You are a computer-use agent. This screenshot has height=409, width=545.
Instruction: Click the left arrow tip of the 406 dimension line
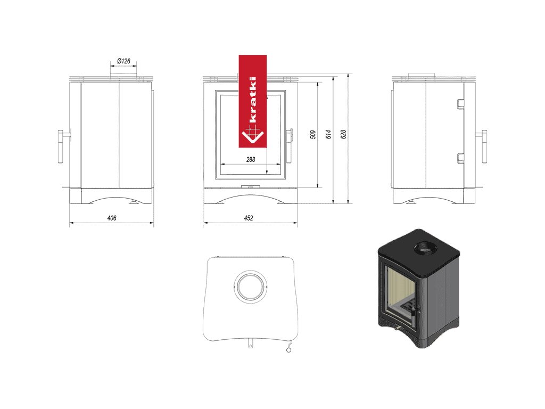(x=70, y=223)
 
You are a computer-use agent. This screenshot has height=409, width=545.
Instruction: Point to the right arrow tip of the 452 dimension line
(x=298, y=223)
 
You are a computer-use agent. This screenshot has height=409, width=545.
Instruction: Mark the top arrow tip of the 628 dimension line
(x=349, y=74)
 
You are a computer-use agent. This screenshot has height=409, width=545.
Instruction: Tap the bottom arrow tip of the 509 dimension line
(x=318, y=187)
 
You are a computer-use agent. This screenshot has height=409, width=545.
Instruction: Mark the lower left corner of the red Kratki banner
(x=239, y=148)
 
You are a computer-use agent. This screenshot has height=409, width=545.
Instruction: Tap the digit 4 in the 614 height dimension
(x=328, y=131)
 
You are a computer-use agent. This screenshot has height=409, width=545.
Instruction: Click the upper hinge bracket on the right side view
(x=460, y=104)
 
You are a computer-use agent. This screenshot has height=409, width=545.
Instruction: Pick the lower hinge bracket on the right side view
(x=460, y=158)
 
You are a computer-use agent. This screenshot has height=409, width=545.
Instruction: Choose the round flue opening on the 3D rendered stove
(x=424, y=248)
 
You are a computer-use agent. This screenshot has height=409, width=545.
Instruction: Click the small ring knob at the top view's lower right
(x=288, y=349)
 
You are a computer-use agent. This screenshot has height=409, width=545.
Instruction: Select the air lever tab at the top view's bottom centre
(x=250, y=343)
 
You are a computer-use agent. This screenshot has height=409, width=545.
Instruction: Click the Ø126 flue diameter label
(x=123, y=61)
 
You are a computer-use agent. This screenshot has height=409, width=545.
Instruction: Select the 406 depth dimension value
(x=112, y=218)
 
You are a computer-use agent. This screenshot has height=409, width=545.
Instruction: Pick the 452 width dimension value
(x=249, y=218)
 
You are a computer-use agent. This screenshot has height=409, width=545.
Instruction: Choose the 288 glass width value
(x=251, y=160)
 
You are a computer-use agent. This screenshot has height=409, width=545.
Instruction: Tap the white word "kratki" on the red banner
(x=253, y=99)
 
